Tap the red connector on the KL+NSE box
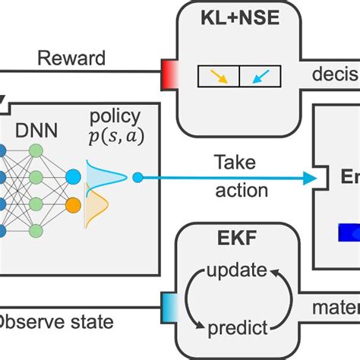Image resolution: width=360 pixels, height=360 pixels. (x=168, y=77)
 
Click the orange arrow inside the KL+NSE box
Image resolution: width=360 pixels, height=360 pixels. (x=219, y=76)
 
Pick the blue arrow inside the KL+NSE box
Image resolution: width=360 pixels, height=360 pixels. (x=259, y=76)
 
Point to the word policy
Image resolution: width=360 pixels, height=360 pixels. (x=115, y=116)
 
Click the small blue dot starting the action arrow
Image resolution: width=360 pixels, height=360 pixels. (x=137, y=178)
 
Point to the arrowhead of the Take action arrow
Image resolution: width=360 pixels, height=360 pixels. (x=310, y=178)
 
